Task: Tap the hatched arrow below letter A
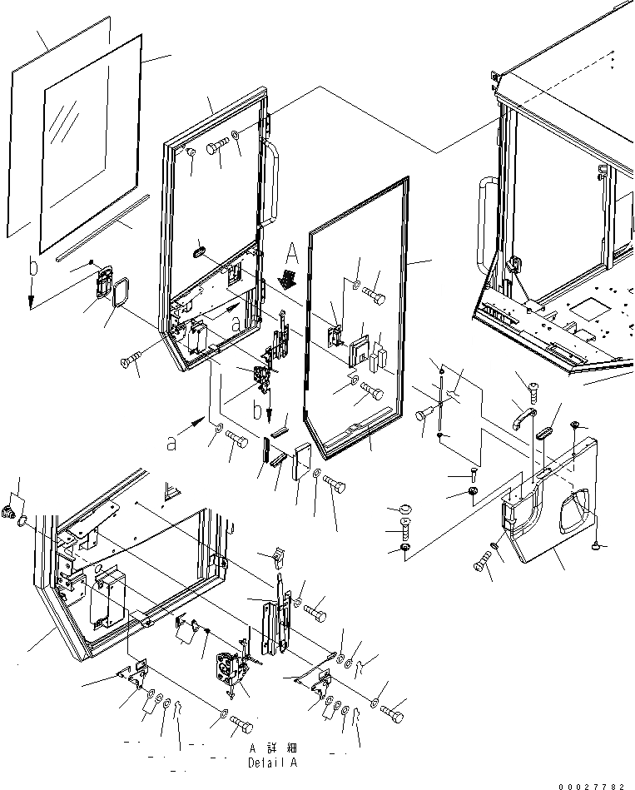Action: (x=288, y=279)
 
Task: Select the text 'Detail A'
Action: (x=271, y=763)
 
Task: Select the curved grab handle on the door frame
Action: (x=269, y=183)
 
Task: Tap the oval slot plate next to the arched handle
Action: (x=545, y=432)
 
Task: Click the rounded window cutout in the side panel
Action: (x=576, y=511)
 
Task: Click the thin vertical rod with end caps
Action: (x=439, y=398)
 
